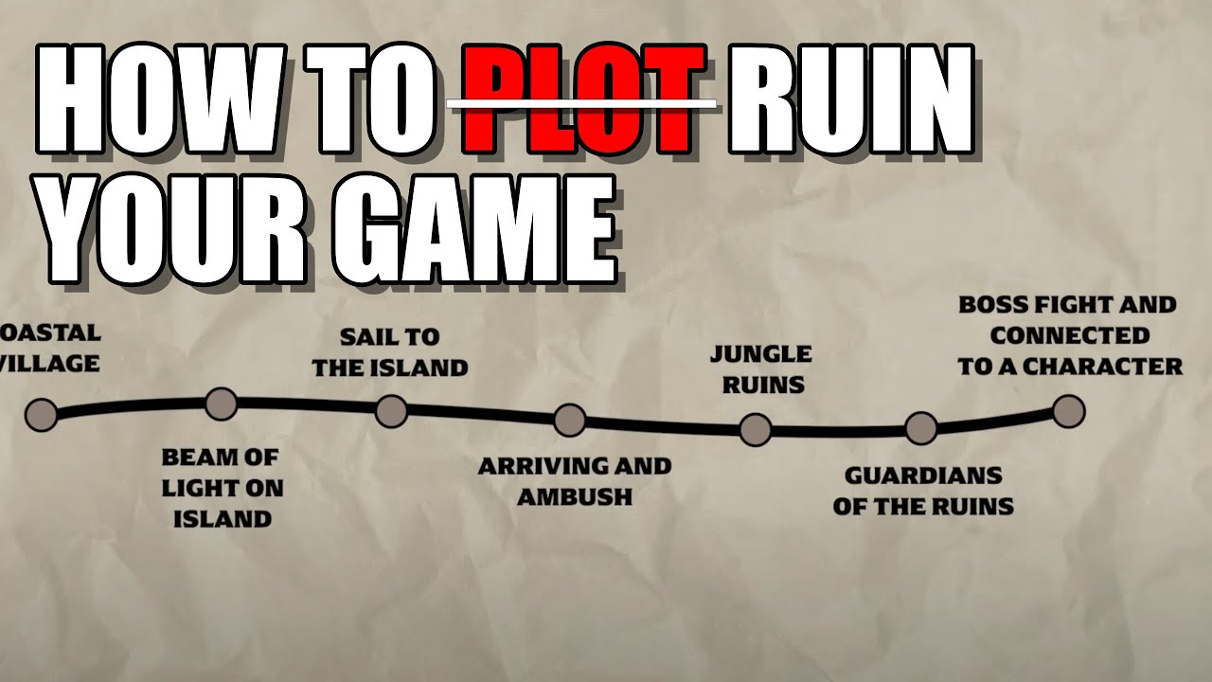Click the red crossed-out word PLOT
pyautogui.click(x=584, y=99)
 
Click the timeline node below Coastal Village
pyautogui.click(x=41, y=415)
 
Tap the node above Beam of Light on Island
pyautogui.click(x=222, y=404)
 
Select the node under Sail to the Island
pyautogui.click(x=392, y=411)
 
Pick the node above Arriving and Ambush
pyautogui.click(x=570, y=420)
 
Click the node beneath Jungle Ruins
pyautogui.click(x=756, y=430)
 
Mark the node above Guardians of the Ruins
pyautogui.click(x=921, y=428)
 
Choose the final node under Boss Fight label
pyautogui.click(x=1069, y=411)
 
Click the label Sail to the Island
pyautogui.click(x=390, y=353)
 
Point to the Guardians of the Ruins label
pyautogui.click(x=923, y=492)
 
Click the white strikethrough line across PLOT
pyautogui.click(x=582, y=103)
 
